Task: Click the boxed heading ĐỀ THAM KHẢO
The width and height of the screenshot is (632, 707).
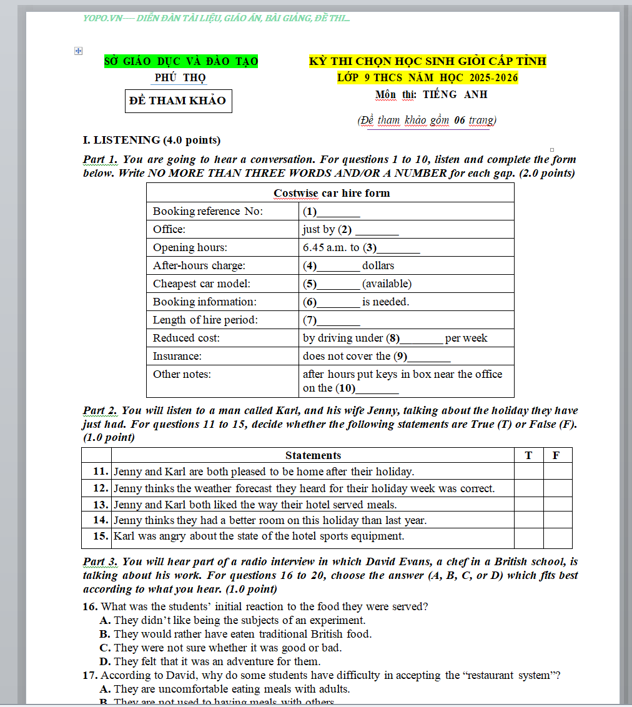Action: [x=178, y=101]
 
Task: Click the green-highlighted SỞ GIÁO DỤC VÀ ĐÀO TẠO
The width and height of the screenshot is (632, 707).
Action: [x=181, y=61]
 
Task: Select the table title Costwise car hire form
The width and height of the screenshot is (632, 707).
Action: [x=331, y=193]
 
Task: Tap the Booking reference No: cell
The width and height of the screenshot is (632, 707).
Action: [x=208, y=211]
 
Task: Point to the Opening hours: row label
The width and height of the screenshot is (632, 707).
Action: [x=190, y=247]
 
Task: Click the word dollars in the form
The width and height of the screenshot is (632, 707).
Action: [x=378, y=265]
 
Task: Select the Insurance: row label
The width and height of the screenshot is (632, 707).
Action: [x=177, y=356]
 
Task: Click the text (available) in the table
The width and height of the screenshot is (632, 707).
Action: [x=387, y=284]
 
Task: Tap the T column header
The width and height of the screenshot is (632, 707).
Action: [x=528, y=455]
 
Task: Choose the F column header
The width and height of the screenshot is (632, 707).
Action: [x=556, y=455]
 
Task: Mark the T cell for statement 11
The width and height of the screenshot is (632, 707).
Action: [x=528, y=472]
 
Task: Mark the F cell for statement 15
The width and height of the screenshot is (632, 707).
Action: [x=557, y=536]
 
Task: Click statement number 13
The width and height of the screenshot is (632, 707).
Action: [x=101, y=504]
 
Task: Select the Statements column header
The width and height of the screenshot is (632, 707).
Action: [x=313, y=455]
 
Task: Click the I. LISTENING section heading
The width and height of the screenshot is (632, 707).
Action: [x=152, y=140]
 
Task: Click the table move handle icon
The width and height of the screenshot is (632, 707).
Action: [x=79, y=51]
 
